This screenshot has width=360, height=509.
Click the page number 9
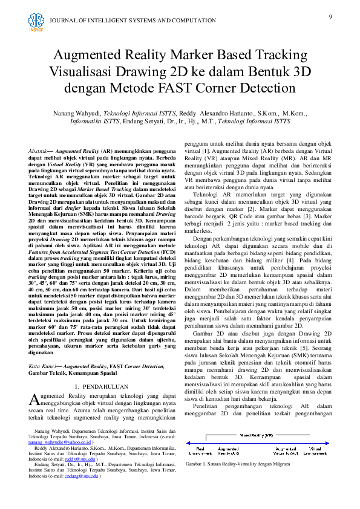tap(330, 16)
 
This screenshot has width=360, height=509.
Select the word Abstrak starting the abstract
tap(40, 149)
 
